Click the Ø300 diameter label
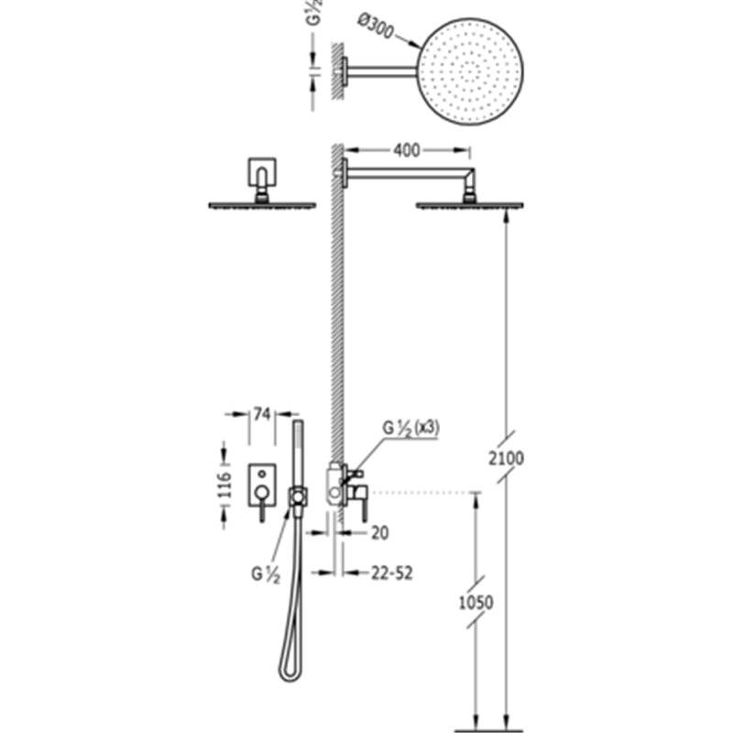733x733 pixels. [x=376, y=27]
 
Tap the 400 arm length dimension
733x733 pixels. [x=407, y=150]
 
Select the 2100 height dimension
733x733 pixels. [x=507, y=458]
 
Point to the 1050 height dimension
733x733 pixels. [x=476, y=603]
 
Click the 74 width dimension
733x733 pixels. [x=262, y=414]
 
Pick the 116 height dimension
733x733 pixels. [x=224, y=485]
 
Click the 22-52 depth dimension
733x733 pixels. [x=392, y=574]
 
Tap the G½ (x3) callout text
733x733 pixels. [x=410, y=428]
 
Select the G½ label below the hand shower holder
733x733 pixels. [x=266, y=574]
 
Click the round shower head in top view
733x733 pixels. [x=470, y=71]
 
